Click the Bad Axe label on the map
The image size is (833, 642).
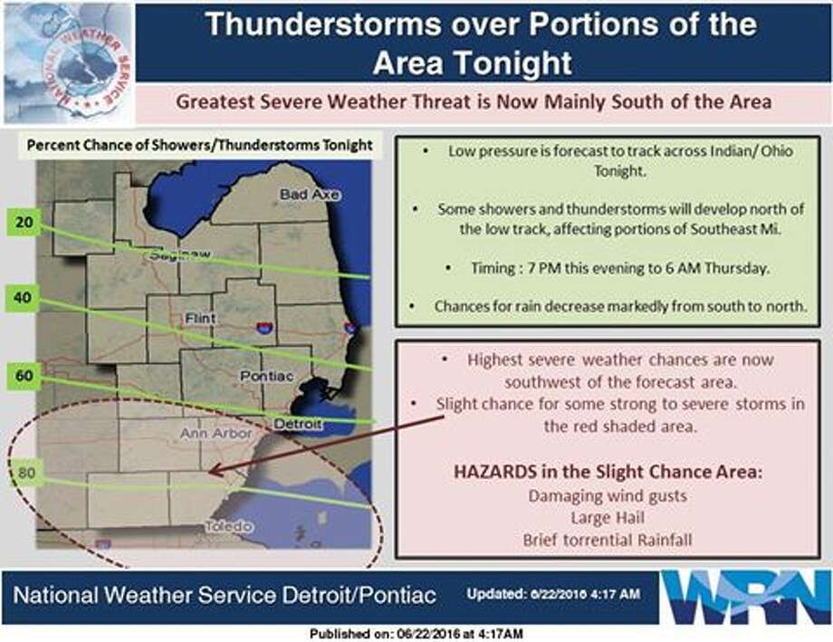(309, 195)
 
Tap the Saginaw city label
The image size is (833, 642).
(179, 254)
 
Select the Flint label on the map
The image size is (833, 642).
(200, 319)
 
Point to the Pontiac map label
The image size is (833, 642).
(267, 377)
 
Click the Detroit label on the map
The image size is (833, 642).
(298, 424)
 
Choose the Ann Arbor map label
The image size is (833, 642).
(215, 434)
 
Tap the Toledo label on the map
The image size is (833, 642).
(229, 526)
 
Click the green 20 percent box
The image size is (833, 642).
(24, 222)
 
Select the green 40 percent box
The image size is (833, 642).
(23, 298)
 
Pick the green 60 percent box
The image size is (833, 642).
(24, 376)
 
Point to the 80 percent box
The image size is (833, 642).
(26, 473)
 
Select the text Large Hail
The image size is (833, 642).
(608, 518)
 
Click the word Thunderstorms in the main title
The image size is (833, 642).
(323, 24)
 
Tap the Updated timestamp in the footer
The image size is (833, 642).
(553, 594)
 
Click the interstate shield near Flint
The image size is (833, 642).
(264, 327)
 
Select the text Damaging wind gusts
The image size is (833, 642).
(608, 496)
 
